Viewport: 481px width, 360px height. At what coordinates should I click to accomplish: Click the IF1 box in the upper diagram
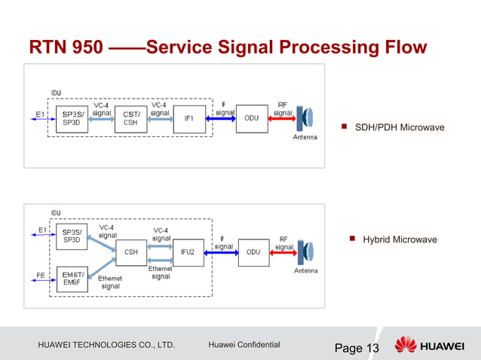click(x=189, y=118)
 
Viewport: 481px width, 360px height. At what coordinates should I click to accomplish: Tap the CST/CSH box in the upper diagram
click(x=130, y=118)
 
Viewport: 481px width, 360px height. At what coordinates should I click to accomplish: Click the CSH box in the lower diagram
click(x=130, y=252)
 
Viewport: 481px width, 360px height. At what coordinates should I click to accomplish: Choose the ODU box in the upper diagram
click(x=251, y=118)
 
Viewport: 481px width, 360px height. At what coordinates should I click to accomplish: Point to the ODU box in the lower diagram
click(x=253, y=252)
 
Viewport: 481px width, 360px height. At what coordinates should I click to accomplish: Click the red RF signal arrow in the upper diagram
click(x=282, y=118)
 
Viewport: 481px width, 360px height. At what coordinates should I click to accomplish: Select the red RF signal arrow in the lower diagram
click(x=283, y=252)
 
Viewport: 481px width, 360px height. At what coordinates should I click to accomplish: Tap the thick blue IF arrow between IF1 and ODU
click(x=224, y=118)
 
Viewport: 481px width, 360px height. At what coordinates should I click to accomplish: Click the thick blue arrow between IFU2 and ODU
click(x=224, y=252)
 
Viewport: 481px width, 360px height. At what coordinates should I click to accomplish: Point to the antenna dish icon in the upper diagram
click(x=305, y=119)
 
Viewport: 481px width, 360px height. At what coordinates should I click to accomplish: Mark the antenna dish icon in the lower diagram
click(x=306, y=252)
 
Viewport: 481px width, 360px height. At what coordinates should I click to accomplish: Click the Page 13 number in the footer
click(x=357, y=348)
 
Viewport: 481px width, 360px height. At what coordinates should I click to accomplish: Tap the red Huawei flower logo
click(x=406, y=346)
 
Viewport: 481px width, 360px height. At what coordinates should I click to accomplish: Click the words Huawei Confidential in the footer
click(x=244, y=345)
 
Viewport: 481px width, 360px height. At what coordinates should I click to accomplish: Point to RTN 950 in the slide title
click(x=66, y=49)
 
